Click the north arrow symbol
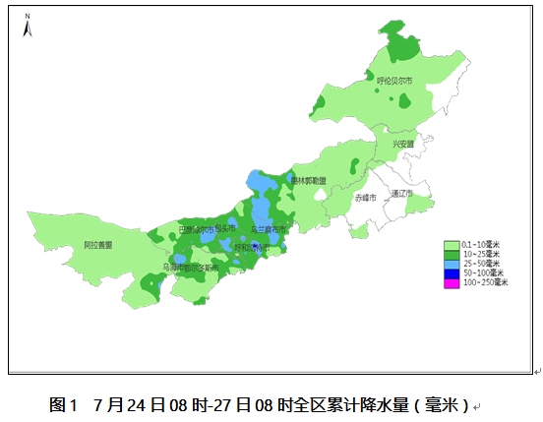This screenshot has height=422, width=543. pyautogui.click(x=30, y=27)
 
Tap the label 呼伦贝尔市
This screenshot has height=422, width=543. pyautogui.click(x=395, y=81)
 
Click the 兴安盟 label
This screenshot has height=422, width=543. pyautogui.click(x=403, y=144)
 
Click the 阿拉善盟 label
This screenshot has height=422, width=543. pyautogui.click(x=98, y=244)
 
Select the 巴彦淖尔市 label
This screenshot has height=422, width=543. pyautogui.click(x=196, y=229)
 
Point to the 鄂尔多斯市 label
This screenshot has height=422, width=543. pyautogui.click(x=199, y=267)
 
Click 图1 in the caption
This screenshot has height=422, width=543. pyautogui.click(x=63, y=404)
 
